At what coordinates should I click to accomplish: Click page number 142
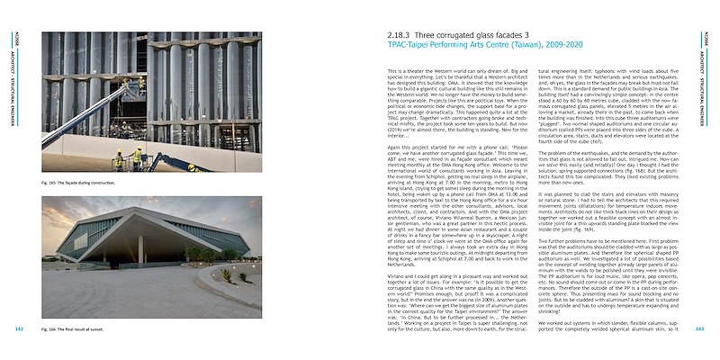(x=20, y=329)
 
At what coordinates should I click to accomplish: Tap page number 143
(x=699, y=329)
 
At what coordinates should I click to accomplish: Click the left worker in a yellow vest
(x=119, y=159)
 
